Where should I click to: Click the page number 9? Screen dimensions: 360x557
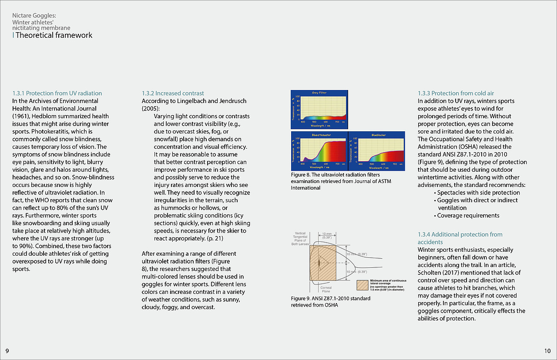(x=7, y=350)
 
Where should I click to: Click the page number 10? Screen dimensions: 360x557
(x=547, y=350)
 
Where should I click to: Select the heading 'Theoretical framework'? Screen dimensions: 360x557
(x=54, y=35)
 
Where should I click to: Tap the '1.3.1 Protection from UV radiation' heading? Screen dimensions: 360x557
(x=57, y=93)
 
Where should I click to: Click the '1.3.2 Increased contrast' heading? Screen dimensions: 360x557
(x=173, y=93)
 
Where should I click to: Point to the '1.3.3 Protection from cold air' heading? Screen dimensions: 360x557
(x=456, y=93)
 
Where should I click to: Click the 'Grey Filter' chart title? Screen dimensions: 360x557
(x=319, y=93)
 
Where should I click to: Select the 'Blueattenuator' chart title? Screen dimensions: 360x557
(x=321, y=135)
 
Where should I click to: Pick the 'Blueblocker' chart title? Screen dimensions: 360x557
(x=379, y=135)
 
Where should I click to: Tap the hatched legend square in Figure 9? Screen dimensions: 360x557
(x=362, y=285)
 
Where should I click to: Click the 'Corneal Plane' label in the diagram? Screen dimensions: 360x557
(x=325, y=290)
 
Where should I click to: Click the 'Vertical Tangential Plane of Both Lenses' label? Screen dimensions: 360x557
(x=300, y=239)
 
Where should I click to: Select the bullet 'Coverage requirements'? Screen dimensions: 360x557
(x=468, y=215)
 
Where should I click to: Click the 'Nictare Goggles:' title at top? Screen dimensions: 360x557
(x=34, y=16)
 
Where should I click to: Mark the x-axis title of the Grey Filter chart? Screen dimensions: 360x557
(x=319, y=125)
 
